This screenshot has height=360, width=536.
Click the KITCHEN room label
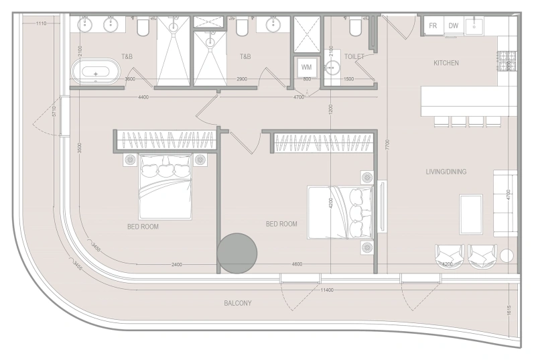446,63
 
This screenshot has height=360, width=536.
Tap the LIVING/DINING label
446,172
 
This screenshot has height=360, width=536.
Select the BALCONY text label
238,304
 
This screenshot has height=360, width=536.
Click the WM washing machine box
307,67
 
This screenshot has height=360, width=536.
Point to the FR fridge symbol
433,25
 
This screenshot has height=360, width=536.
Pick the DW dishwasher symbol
454,25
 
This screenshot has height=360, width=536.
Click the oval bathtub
96,71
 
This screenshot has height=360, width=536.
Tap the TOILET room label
354,57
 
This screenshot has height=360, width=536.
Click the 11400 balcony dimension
327,290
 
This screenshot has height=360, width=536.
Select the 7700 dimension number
387,143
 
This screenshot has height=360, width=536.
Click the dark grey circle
237,253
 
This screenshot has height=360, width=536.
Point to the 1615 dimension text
510,311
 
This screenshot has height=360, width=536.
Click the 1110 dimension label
41,24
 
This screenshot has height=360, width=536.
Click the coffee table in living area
471,214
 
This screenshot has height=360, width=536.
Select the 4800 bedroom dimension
297,264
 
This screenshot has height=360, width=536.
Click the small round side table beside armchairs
507,255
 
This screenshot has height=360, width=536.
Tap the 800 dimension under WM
307,80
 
